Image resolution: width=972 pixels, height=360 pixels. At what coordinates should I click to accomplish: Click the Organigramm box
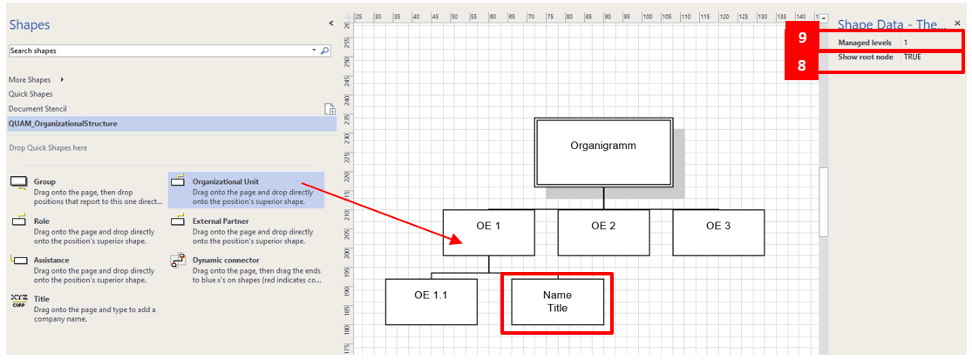coord(604,153)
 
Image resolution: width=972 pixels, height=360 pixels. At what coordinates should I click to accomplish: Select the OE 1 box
coord(488,233)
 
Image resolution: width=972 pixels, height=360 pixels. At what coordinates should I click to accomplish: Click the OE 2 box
coord(604,233)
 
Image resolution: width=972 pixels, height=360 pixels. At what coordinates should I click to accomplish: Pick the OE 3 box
coord(718,233)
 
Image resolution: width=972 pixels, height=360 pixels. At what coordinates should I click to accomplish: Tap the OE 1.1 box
coord(432,302)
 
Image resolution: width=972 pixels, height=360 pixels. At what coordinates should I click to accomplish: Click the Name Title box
coord(557,302)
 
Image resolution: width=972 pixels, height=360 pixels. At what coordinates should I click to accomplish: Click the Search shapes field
coord(161,51)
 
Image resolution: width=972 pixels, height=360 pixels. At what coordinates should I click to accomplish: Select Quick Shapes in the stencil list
coord(31,94)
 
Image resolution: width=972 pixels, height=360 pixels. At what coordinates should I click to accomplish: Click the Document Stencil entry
coord(37,108)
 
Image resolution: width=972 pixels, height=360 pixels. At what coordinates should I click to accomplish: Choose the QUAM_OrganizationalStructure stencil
coord(63,123)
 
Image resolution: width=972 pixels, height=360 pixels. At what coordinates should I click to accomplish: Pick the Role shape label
coord(42,221)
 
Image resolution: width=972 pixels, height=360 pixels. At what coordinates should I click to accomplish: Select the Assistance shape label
coord(51,261)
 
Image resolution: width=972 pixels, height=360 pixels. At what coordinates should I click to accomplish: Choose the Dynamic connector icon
coord(178,261)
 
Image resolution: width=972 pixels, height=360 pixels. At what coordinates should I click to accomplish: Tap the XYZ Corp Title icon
coord(19,301)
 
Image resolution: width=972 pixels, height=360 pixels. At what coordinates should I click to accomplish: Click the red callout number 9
coord(802,37)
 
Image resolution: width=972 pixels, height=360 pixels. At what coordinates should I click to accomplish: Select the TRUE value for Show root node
coord(913,57)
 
